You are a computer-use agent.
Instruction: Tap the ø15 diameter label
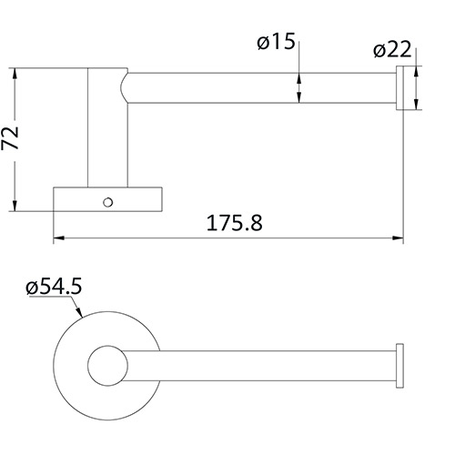click(x=277, y=43)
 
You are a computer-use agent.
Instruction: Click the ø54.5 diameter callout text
click(x=55, y=288)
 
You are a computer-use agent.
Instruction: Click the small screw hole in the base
click(x=108, y=198)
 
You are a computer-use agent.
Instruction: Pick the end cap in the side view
click(x=399, y=90)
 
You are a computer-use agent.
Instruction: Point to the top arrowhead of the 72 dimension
click(x=16, y=74)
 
